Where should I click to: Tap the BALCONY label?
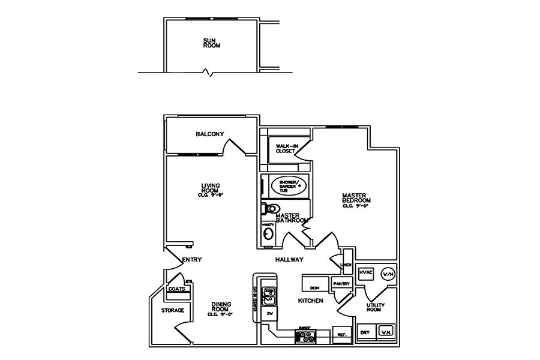point(209,134)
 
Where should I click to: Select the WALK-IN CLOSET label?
point(285,148)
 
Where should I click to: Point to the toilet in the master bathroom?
point(271,209)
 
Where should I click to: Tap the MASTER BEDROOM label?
point(356,200)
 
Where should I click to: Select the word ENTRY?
point(191,260)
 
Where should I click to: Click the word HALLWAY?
point(289,260)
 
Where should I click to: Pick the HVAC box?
point(366,272)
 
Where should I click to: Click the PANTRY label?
point(341,283)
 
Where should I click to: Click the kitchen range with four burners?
point(304,336)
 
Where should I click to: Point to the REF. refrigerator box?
point(342,335)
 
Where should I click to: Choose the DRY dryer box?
point(365,332)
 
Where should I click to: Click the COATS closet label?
point(176,289)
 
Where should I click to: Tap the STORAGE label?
point(172,310)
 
